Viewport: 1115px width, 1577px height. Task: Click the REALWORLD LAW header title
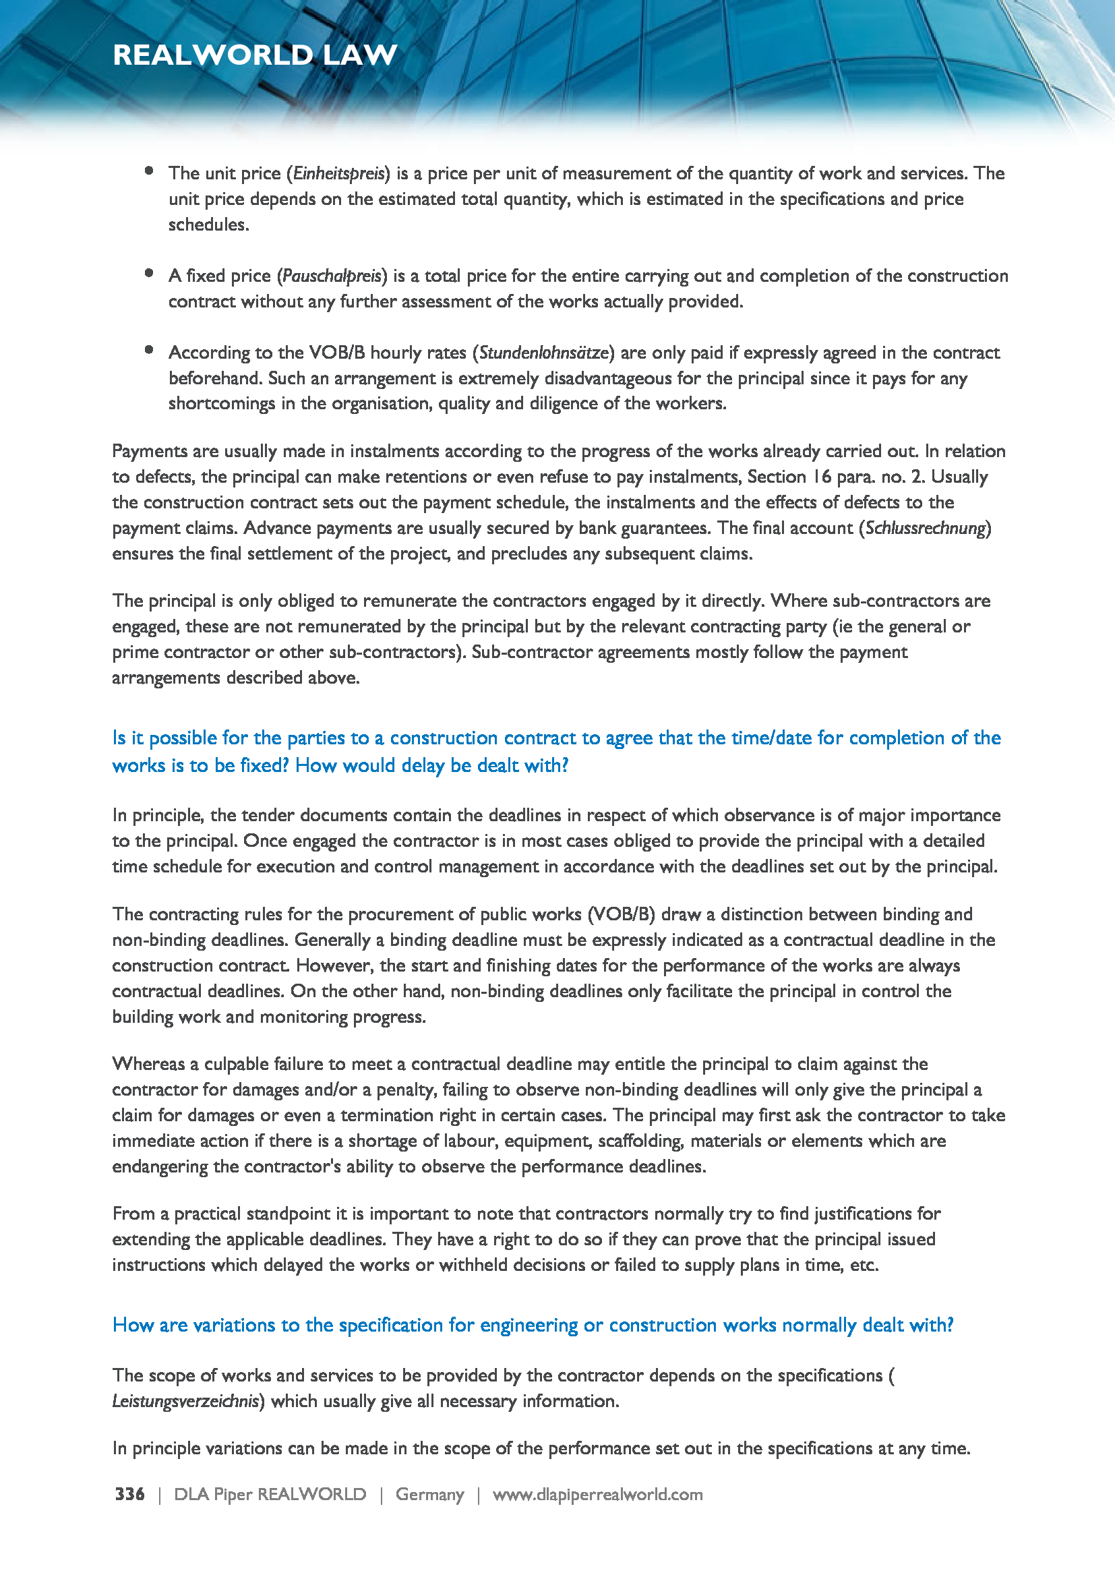point(255,55)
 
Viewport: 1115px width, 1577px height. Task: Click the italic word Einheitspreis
point(338,174)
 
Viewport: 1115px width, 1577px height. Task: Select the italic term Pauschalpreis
point(332,276)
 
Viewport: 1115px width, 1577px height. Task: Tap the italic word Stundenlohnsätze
point(543,353)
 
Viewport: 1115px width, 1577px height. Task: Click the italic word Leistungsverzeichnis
point(185,1401)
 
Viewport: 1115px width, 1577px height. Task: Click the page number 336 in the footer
point(129,1494)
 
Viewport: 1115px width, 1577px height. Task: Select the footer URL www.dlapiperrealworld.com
point(597,1495)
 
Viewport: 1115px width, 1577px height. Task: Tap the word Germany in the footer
point(430,1495)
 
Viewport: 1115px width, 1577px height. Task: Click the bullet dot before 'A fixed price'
point(149,273)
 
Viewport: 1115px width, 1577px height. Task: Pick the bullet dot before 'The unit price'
point(149,171)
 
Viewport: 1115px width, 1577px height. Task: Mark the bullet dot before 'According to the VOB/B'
point(149,351)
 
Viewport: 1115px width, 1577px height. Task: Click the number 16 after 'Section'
point(821,477)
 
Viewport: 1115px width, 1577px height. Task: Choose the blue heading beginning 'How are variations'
point(533,1325)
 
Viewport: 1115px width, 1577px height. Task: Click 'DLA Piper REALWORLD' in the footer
point(270,1495)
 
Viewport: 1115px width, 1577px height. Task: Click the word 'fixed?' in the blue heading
point(265,765)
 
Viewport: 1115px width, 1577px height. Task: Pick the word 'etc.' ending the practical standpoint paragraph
point(864,1264)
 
